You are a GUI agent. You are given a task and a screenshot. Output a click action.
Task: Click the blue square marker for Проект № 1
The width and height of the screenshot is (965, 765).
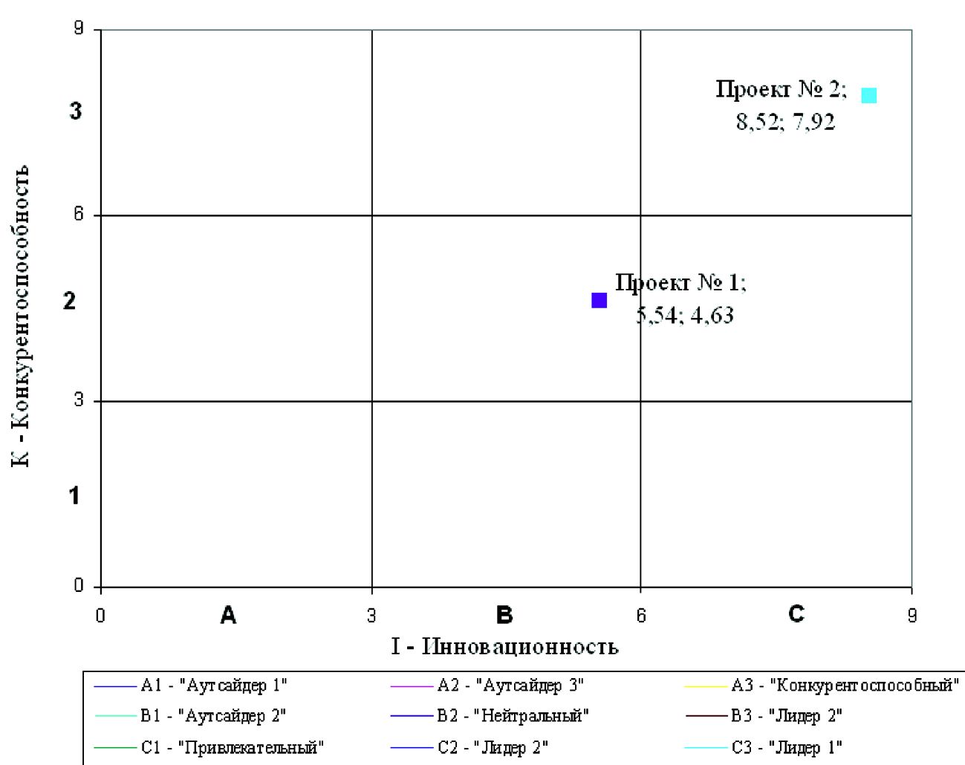point(599,300)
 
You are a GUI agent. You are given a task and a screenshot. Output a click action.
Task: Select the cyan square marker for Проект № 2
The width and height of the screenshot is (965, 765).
point(868,95)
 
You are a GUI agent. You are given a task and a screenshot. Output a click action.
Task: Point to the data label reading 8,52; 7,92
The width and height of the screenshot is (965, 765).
point(785,122)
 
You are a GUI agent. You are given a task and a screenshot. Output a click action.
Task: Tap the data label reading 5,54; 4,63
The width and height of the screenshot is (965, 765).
point(685,316)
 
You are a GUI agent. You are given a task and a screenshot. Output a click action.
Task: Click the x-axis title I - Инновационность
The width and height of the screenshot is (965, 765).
point(505,647)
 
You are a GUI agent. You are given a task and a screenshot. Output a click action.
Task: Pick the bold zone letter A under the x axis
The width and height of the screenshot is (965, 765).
point(228,615)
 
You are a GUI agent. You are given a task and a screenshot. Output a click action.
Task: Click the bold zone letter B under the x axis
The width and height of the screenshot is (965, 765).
point(504,615)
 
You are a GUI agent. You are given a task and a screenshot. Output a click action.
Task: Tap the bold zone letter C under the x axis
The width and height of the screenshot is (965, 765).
point(796,614)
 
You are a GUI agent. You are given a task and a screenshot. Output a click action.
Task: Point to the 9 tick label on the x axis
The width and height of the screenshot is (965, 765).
point(912,616)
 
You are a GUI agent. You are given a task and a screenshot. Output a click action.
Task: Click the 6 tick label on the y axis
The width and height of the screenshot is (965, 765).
point(78,214)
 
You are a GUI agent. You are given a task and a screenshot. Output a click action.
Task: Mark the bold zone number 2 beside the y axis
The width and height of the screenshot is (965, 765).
point(70,302)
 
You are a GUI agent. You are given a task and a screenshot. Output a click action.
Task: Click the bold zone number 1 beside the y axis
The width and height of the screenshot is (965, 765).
point(74,495)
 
